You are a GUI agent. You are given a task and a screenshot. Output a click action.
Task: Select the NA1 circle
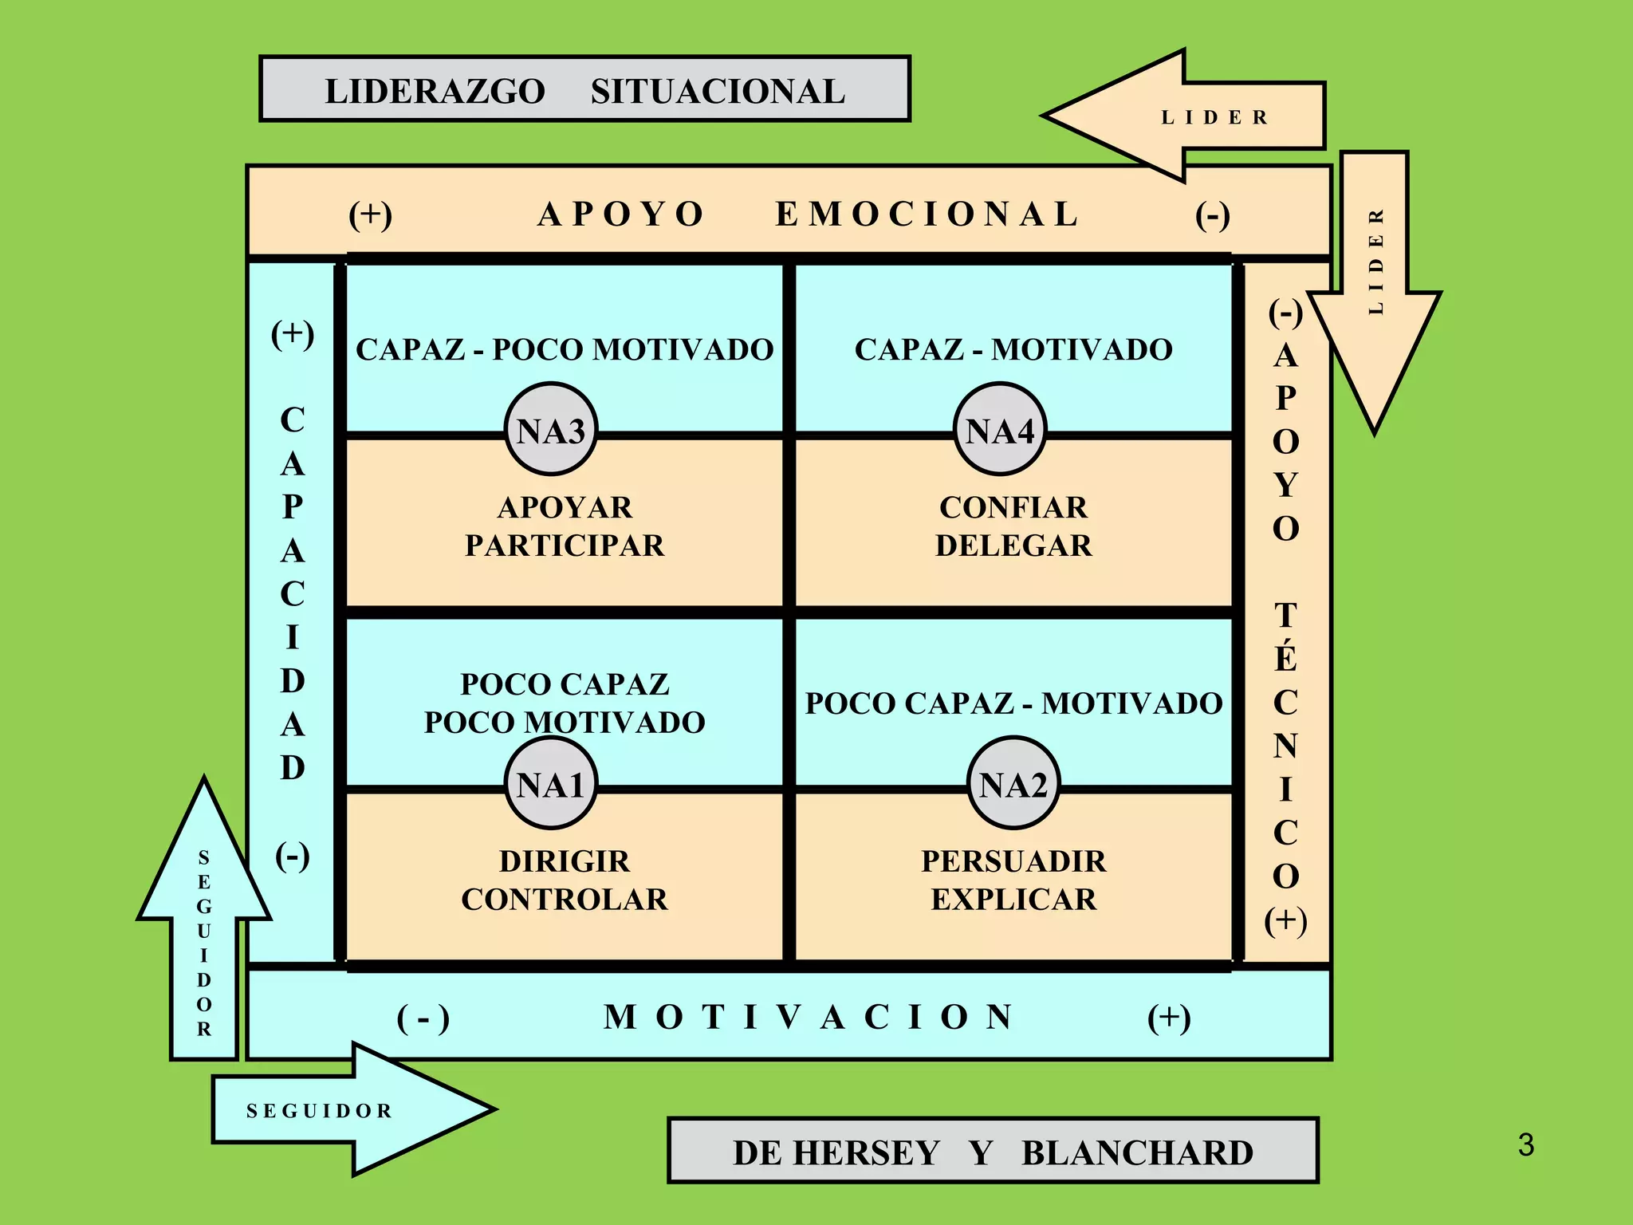pyautogui.click(x=551, y=785)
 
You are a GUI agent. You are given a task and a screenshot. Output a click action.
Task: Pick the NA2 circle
pyautogui.click(x=1013, y=785)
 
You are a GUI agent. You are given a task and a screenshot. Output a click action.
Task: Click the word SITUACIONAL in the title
pyautogui.click(x=718, y=91)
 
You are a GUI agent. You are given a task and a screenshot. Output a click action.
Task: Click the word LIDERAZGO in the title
pyautogui.click(x=435, y=91)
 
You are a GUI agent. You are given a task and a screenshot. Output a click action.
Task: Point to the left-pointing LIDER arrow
pyautogui.click(x=1180, y=116)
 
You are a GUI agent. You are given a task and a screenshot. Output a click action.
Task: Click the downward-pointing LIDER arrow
pyautogui.click(x=1375, y=287)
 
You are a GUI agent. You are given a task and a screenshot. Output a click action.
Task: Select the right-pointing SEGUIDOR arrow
pyautogui.click(x=351, y=1109)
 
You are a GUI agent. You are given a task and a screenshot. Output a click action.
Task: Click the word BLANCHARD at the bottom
pyautogui.click(x=1137, y=1152)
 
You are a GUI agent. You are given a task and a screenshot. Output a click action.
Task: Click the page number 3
pyautogui.click(x=1525, y=1145)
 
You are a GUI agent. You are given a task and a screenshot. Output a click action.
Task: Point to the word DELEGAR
pyautogui.click(x=1013, y=546)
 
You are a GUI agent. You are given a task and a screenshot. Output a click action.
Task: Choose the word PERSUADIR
pyautogui.click(x=1013, y=861)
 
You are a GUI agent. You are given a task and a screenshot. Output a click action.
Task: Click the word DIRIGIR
pyautogui.click(x=565, y=861)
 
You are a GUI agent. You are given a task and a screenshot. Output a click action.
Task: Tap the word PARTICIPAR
pyautogui.click(x=565, y=546)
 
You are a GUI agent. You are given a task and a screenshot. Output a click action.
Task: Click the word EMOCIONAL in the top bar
pyautogui.click(x=927, y=214)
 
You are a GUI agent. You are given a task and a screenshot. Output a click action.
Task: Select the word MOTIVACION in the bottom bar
pyautogui.click(x=809, y=1017)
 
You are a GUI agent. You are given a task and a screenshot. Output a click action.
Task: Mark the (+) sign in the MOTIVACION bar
pyautogui.click(x=1169, y=1018)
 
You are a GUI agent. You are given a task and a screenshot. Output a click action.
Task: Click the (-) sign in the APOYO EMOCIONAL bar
pyautogui.click(x=1213, y=215)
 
